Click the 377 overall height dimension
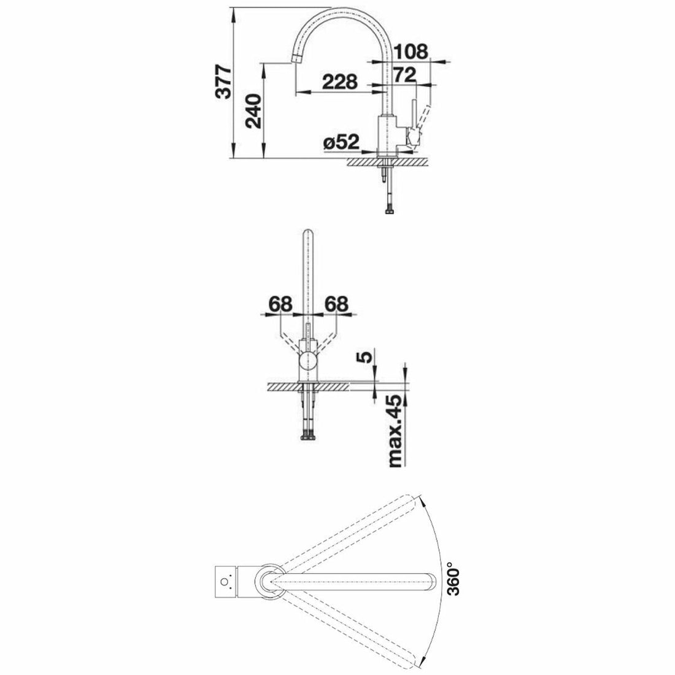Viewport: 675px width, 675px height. click(x=225, y=81)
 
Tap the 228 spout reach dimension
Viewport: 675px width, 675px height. click(x=340, y=81)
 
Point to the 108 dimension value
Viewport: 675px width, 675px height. click(x=409, y=52)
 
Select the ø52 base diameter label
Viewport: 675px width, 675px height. click(x=340, y=142)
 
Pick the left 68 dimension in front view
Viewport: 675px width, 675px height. click(x=279, y=303)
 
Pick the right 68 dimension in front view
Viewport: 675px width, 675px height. click(x=336, y=303)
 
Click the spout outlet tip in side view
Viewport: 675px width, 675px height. click(x=294, y=59)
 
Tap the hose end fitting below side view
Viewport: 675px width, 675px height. click(x=388, y=212)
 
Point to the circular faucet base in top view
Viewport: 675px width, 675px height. click(x=268, y=580)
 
